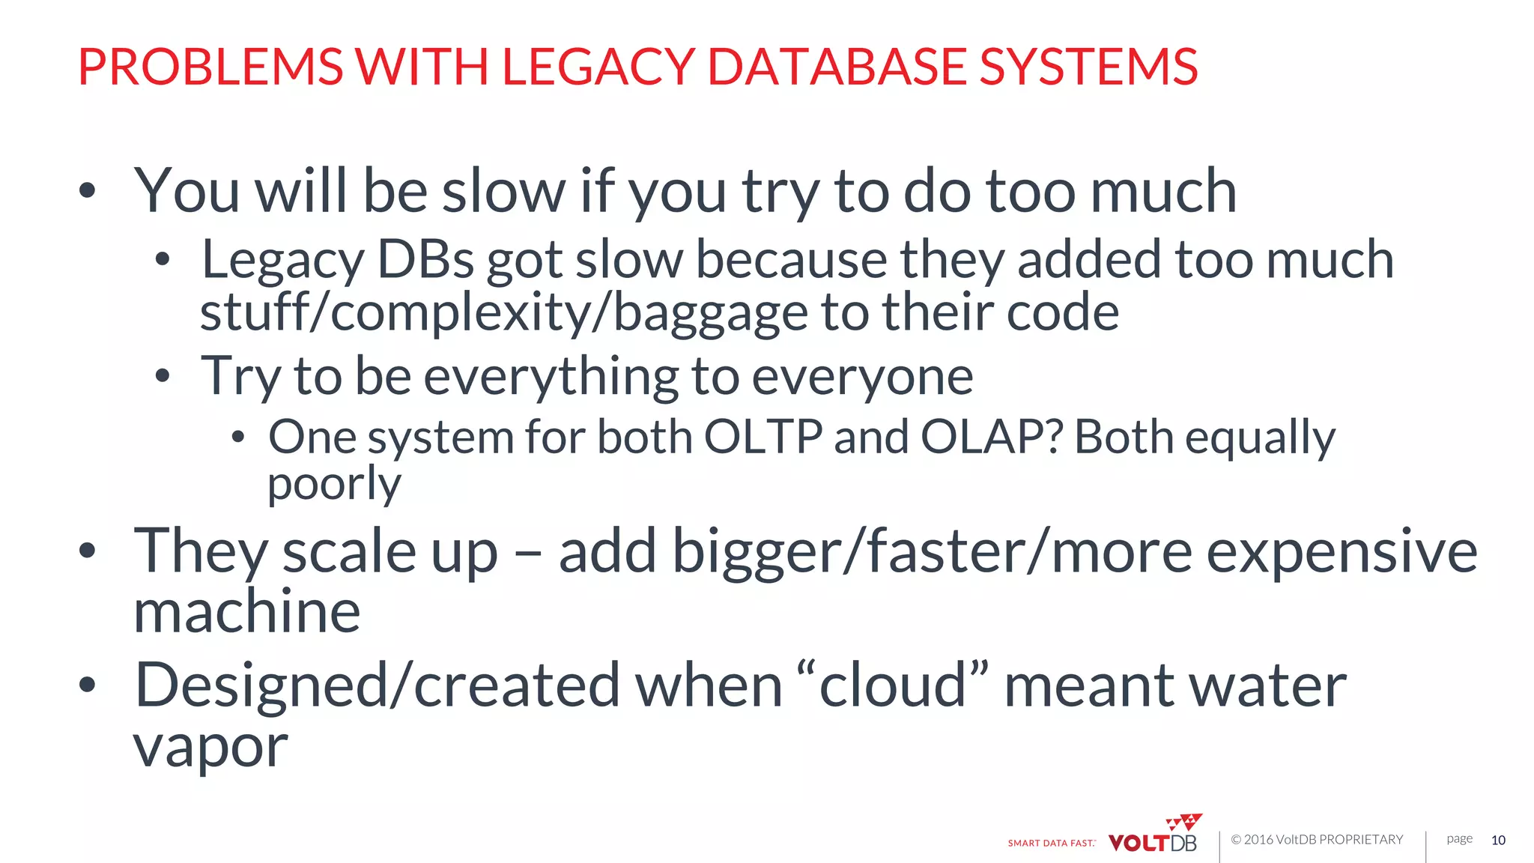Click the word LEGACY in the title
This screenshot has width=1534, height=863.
599,67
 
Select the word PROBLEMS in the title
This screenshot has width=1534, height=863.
210,67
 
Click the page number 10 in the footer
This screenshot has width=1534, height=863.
1498,840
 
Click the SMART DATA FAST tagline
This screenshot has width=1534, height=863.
1052,843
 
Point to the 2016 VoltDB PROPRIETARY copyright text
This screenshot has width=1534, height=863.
1317,840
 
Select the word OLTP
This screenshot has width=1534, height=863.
763,437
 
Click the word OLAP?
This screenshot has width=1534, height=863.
991,437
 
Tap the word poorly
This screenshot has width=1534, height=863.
334,485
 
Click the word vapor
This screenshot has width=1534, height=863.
210,748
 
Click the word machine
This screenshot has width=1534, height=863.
247,612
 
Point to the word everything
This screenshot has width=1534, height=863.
551,376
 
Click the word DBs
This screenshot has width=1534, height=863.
425,260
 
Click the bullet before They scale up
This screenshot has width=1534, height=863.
88,551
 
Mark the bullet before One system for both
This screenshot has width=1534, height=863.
238,437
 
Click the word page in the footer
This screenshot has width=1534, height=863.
1459,838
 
